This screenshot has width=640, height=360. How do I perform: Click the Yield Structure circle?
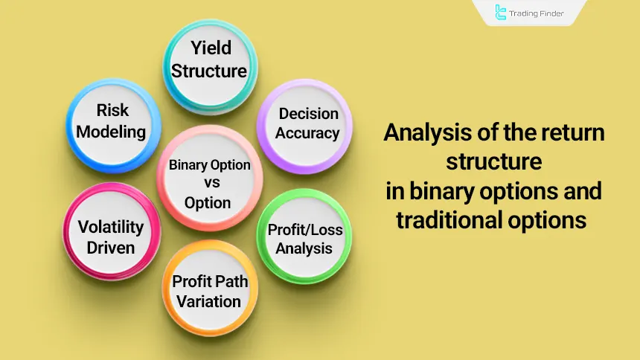(210, 60)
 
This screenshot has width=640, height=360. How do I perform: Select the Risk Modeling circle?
(112, 121)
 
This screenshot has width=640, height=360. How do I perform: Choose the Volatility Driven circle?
(111, 237)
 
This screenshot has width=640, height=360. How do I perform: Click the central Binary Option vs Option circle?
(209, 183)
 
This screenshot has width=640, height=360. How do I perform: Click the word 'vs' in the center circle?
(209, 184)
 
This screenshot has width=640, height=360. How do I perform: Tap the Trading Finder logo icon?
(501, 13)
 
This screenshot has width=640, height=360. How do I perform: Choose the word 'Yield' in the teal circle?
(210, 48)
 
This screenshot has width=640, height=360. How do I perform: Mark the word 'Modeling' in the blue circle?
(112, 132)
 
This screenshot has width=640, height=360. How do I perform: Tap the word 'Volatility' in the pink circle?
(111, 227)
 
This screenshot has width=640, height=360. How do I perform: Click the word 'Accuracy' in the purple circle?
(307, 133)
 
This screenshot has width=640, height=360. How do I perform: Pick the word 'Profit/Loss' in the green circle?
(305, 229)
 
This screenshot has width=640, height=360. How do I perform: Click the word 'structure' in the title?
(493, 163)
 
